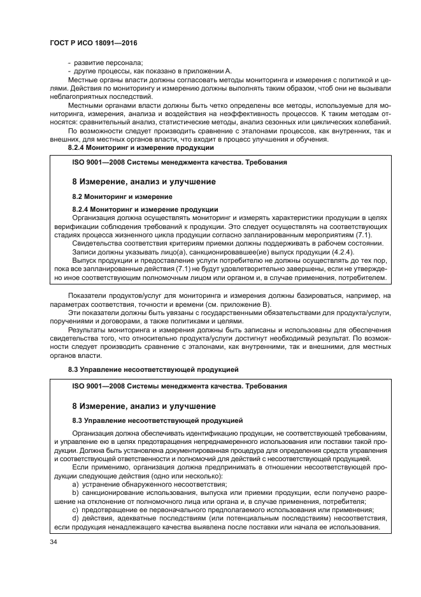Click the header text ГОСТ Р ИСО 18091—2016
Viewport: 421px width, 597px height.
(94, 43)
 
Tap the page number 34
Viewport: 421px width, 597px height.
(54, 542)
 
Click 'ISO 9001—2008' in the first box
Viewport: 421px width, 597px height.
(98, 162)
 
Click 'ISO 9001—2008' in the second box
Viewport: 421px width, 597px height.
(98, 386)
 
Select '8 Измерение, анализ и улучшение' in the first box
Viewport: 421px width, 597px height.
(143, 182)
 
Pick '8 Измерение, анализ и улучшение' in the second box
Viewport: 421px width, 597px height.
(143, 406)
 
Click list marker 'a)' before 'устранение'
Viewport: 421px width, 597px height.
(76, 484)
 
